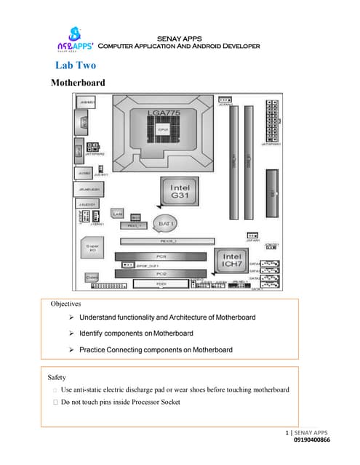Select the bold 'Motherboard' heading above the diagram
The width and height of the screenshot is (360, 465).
[x=78, y=83]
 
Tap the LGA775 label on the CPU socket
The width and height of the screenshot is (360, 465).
[x=162, y=113]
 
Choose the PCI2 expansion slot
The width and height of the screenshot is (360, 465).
[x=161, y=273]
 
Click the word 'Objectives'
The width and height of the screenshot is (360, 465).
[x=65, y=304]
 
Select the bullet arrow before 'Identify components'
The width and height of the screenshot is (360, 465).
[x=71, y=333]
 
